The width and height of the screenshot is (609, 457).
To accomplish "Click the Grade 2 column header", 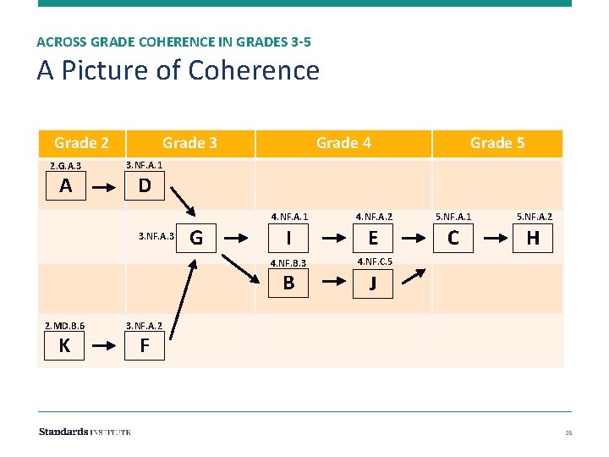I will coord(81,143).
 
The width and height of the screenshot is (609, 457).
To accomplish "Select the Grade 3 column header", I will coord(189,143).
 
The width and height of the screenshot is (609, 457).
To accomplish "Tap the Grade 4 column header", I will coord(343,143).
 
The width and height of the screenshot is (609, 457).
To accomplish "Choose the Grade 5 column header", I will coord(497,143).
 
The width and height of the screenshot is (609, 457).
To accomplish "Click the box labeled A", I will coord(65,186).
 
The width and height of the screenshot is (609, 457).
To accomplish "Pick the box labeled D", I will coord(145,186).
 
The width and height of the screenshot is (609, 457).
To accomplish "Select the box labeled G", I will coord(196,238).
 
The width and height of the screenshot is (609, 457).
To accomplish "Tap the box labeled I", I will coord(289,239).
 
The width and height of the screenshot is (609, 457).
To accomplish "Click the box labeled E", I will coord(373,239).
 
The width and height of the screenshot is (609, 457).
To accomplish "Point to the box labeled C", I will coord(453,239).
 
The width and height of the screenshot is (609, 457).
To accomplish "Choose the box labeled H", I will coord(533,239).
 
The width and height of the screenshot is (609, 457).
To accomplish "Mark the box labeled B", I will coord(289,283).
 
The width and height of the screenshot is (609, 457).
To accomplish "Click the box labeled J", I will coord(373,284).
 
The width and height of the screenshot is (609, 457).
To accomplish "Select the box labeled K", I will coord(64,345).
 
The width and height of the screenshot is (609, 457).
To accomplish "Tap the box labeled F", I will coord(145,345).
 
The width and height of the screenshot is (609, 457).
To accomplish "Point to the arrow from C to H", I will coord(493,239).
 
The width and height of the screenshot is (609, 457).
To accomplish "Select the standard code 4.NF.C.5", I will coord(373,261).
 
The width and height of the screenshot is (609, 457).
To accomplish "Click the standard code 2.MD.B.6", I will coord(64,325).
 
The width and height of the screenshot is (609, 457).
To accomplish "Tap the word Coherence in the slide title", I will coord(254,70).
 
